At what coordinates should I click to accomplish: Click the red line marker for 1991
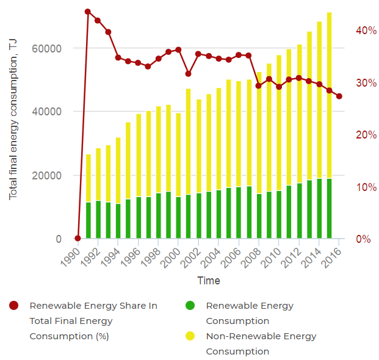[88, 12]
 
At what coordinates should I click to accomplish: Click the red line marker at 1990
[78, 238]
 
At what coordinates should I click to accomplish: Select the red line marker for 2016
[339, 96]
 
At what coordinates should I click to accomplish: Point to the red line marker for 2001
[189, 74]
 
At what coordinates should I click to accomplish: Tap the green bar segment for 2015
[329, 208]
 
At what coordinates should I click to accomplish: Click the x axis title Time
[208, 281]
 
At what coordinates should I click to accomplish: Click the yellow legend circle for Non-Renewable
[190, 336]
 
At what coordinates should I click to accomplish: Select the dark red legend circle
[14, 306]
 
